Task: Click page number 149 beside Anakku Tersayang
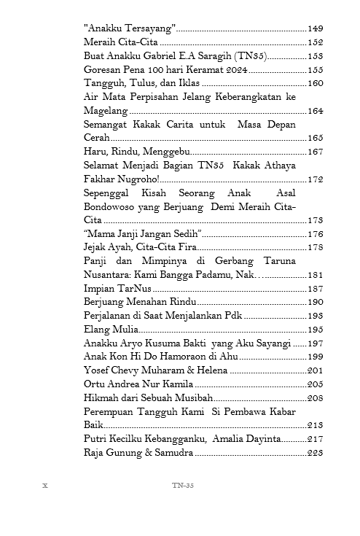tap(315, 28)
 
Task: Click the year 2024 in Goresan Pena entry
tap(235, 70)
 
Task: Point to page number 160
tap(315, 83)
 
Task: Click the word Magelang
tap(106, 111)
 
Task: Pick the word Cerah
tap(97, 138)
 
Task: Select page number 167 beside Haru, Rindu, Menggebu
tap(315, 152)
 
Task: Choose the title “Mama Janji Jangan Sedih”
tap(142, 234)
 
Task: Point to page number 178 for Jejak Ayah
tap(315, 248)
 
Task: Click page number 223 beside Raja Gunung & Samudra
tap(315, 453)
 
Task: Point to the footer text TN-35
tap(182, 486)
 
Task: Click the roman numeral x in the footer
tap(45, 486)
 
